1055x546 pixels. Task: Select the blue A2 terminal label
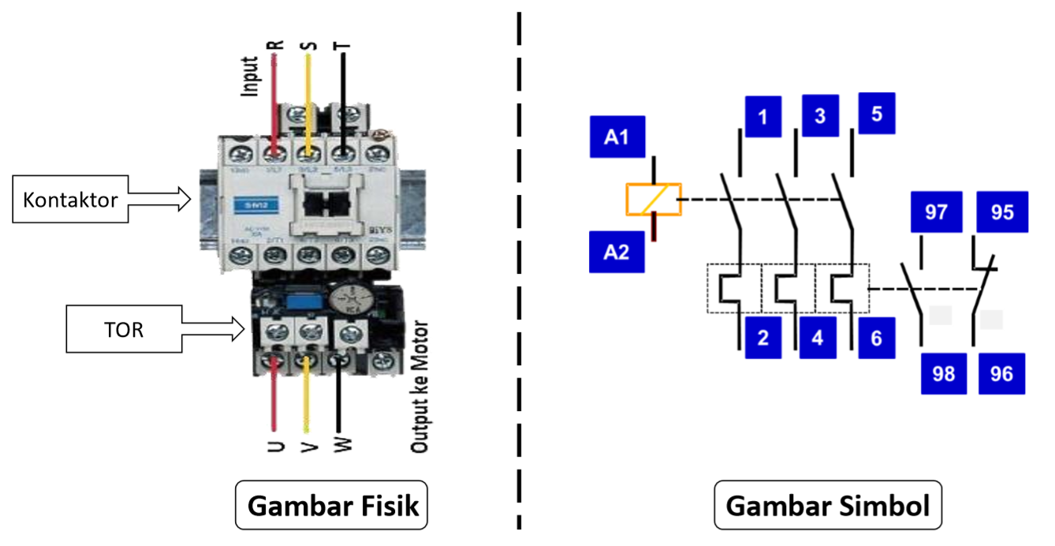(617, 252)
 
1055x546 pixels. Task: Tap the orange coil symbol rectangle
(654, 200)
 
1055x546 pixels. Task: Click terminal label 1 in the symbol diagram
(762, 117)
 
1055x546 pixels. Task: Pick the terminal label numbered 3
(820, 115)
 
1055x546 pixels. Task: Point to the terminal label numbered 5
(877, 114)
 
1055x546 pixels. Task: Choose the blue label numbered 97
(936, 212)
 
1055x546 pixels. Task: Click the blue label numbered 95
(1001, 212)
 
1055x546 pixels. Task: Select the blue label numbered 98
(943, 373)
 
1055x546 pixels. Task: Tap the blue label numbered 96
(1001, 373)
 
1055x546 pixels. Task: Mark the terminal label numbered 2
(762, 338)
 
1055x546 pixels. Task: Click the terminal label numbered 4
(817, 338)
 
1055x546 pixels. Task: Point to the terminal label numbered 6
(877, 338)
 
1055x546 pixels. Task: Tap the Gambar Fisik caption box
(331, 505)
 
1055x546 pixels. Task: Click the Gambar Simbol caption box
(827, 505)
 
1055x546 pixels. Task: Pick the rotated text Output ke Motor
(419, 387)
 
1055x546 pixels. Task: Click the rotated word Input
(250, 77)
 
